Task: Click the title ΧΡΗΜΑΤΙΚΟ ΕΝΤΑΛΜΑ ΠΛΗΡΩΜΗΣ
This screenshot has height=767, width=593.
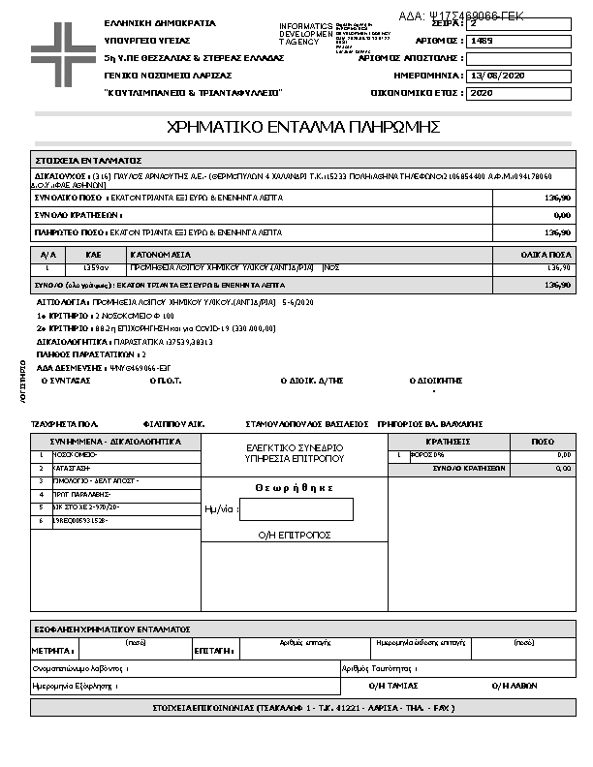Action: tap(304, 127)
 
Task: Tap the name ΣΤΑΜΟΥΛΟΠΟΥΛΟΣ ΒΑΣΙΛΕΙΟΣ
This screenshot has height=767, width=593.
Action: tap(307, 424)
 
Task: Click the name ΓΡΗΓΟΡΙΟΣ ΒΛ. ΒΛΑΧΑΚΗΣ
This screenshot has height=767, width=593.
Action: tap(427, 424)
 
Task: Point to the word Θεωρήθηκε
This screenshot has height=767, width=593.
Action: tap(295, 488)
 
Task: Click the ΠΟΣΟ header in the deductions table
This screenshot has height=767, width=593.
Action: tap(542, 441)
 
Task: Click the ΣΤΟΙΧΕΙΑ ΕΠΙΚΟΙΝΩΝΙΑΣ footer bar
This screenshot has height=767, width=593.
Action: tap(304, 708)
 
